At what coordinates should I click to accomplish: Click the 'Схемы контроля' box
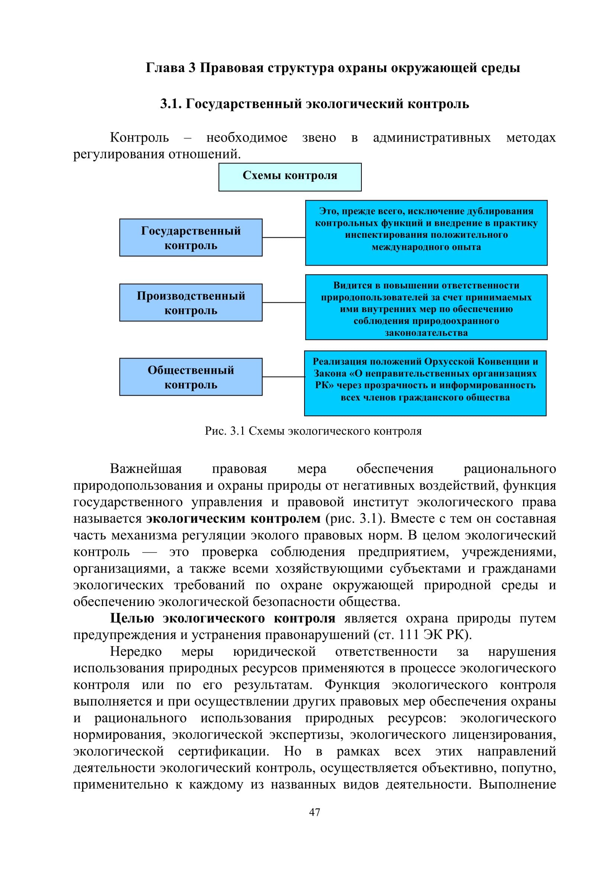(x=290, y=177)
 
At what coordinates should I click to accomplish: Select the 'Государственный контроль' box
(x=191, y=237)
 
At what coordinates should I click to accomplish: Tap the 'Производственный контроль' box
(x=191, y=302)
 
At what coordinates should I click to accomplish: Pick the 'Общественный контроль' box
(x=191, y=377)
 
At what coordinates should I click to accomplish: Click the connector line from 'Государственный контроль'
(x=284, y=237)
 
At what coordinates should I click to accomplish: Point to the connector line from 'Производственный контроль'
(x=284, y=302)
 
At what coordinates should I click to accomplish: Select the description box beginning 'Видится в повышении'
(x=426, y=307)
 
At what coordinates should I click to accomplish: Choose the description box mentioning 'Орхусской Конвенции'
(x=425, y=383)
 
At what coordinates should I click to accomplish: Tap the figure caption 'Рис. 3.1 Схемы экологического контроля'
(x=313, y=431)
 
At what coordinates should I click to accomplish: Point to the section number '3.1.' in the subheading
(x=171, y=104)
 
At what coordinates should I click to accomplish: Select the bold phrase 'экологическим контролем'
(x=233, y=519)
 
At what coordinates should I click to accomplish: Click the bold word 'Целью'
(x=132, y=619)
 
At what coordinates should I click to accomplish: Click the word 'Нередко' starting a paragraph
(x=136, y=651)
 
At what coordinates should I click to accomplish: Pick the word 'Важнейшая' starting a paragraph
(x=146, y=469)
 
